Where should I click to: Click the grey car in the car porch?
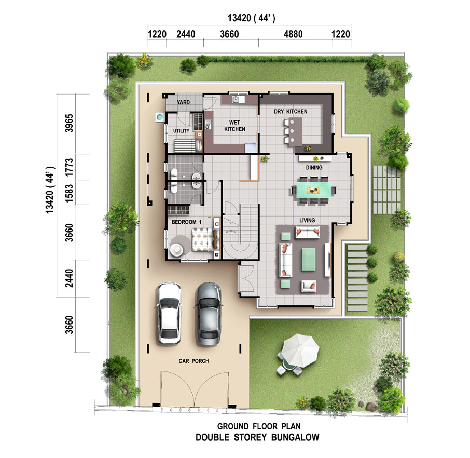point(209,314)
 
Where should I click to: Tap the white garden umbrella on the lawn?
point(300,351)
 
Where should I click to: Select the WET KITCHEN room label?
point(234,126)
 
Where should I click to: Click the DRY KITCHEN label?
point(291,111)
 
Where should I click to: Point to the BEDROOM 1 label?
point(186,222)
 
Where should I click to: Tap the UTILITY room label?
point(182,131)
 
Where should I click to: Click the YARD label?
point(183,102)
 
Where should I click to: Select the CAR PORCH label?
point(193,361)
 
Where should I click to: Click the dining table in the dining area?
point(314,190)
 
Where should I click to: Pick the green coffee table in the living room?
point(309,259)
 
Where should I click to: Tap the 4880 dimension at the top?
point(293,34)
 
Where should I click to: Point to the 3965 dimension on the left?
point(69,123)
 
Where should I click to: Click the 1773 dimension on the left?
point(69,167)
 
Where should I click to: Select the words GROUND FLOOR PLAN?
point(259,426)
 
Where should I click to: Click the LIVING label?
point(307,220)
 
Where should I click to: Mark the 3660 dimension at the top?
point(229,34)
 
